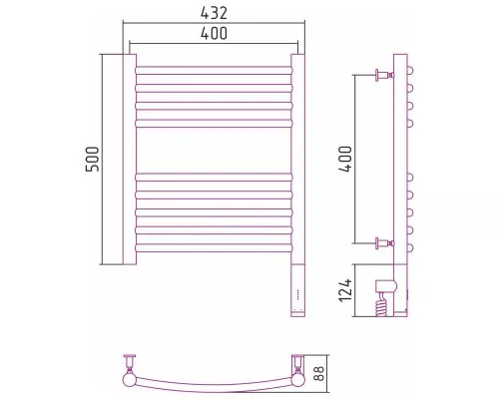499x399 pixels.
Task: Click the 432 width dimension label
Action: point(214,13)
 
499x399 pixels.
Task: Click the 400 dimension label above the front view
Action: point(214,33)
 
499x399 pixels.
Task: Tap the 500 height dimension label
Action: point(93,159)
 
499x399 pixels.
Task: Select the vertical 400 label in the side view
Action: point(345,159)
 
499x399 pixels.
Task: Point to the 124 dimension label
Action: point(345,290)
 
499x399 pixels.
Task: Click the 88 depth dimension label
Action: point(318,374)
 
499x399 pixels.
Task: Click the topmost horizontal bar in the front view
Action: point(214,70)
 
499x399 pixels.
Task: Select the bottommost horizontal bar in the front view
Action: point(214,248)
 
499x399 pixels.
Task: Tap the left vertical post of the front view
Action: point(130,160)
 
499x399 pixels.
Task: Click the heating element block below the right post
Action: point(298,290)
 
